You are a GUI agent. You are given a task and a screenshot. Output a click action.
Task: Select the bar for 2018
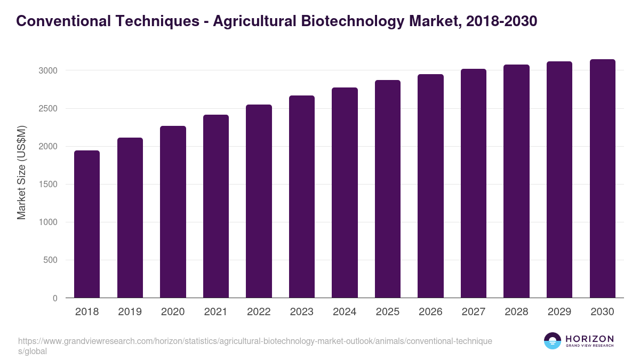tap(87, 224)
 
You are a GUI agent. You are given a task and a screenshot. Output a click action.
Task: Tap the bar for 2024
tap(345, 193)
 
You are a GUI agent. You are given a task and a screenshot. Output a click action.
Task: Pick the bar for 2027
tap(474, 183)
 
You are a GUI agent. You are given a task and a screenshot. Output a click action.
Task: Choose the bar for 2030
tap(602, 179)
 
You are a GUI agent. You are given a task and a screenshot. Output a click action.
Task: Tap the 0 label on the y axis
tap(55, 298)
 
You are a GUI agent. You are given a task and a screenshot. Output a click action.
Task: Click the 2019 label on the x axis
tap(130, 312)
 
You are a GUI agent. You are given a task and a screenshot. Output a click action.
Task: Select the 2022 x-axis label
tap(259, 312)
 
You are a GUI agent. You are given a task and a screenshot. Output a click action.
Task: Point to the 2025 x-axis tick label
tap(388, 312)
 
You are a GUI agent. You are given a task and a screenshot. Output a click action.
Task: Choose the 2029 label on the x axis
tap(559, 312)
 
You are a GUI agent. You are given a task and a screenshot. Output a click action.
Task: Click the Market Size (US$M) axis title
tap(22, 172)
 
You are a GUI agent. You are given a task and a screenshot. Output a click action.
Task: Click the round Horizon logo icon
tap(552, 341)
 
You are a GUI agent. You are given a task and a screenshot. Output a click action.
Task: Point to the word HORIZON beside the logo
tap(589, 338)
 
